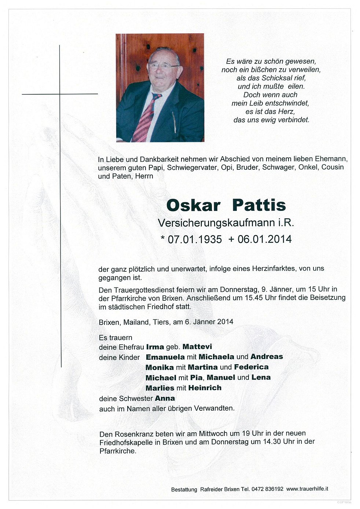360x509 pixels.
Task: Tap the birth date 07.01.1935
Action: (x=195, y=239)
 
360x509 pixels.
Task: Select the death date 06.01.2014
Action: (x=265, y=239)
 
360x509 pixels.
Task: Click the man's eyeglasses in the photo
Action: (x=163, y=66)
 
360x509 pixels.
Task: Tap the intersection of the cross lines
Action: (x=60, y=94)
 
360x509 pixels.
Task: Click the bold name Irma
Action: (x=155, y=347)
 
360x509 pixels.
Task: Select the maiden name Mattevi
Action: (x=197, y=347)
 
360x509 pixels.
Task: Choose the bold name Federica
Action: (x=251, y=367)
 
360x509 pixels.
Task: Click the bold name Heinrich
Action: (x=205, y=388)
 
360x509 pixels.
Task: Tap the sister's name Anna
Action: (x=165, y=398)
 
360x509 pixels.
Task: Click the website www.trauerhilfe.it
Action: (x=307, y=489)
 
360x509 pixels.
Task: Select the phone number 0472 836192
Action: (x=267, y=489)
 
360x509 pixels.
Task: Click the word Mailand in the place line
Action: (x=136, y=322)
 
